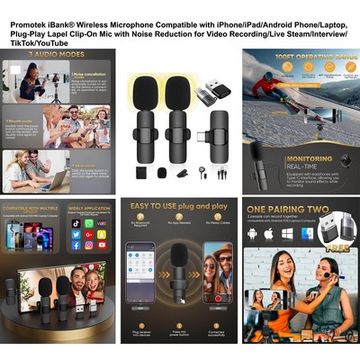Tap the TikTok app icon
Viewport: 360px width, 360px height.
point(76,222)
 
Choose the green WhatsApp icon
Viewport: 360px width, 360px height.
point(88,222)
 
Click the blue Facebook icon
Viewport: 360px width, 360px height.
point(76,244)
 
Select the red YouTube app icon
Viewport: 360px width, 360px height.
point(101,244)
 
